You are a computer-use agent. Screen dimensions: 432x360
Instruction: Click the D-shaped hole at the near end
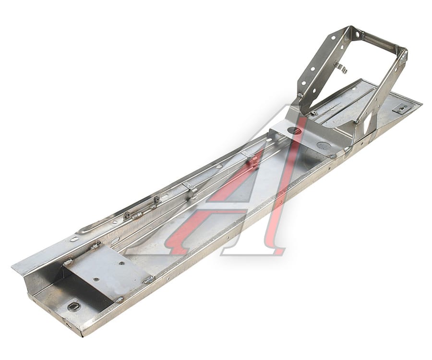point(72,307)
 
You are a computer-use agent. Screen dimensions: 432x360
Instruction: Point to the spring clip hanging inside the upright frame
point(341,69)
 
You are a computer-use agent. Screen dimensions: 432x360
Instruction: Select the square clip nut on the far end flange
point(401,109)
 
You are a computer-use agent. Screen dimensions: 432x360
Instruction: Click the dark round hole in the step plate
point(293,130)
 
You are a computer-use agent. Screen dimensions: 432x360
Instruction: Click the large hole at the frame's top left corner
point(357,35)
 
